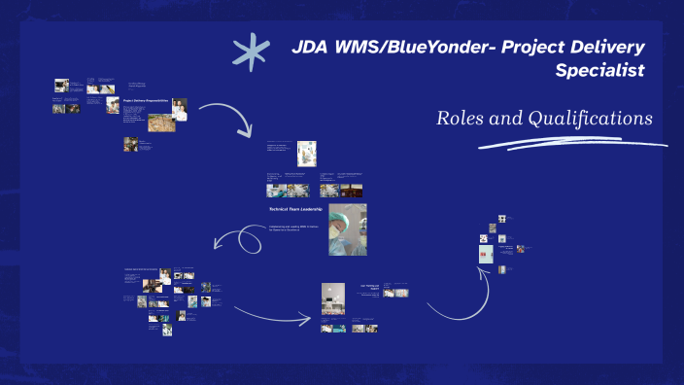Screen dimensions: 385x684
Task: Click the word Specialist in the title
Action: coord(599,71)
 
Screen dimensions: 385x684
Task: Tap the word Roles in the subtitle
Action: coord(461,119)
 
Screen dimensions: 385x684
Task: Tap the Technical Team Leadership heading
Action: coord(295,209)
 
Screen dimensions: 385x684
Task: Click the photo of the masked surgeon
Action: coord(347,229)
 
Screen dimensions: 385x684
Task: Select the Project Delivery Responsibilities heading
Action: coord(147,100)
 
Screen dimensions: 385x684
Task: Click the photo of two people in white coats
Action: coord(179,109)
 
